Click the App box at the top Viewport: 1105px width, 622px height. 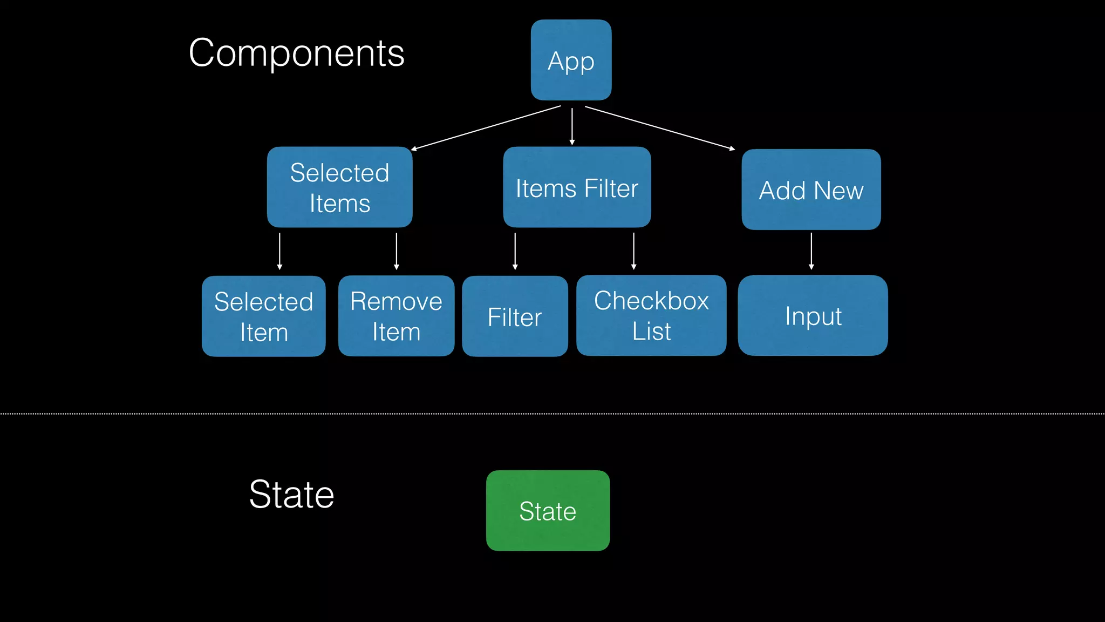[x=571, y=60]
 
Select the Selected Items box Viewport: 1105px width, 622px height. [x=339, y=187]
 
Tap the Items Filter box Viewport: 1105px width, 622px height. [x=576, y=187]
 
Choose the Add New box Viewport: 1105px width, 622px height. [x=810, y=190]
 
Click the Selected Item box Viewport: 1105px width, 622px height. [x=263, y=316]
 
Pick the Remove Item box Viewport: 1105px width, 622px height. [x=396, y=316]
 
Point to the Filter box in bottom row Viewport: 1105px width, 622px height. [x=514, y=316]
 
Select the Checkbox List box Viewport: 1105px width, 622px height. [x=651, y=315]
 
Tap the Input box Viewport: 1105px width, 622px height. [x=812, y=315]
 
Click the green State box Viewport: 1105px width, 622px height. [x=547, y=510]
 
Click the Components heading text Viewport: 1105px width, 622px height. [x=296, y=53]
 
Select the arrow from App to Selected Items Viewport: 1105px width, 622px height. [x=486, y=127]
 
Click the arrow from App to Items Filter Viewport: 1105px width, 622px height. [x=572, y=126]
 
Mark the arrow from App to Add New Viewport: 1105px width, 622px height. [x=659, y=127]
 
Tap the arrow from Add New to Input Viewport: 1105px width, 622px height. [x=811, y=251]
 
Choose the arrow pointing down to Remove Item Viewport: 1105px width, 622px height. [x=397, y=251]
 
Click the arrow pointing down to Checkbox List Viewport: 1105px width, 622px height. [x=633, y=251]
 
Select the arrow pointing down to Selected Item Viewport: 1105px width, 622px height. [x=279, y=251]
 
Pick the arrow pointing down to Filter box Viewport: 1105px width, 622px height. [x=515, y=251]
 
